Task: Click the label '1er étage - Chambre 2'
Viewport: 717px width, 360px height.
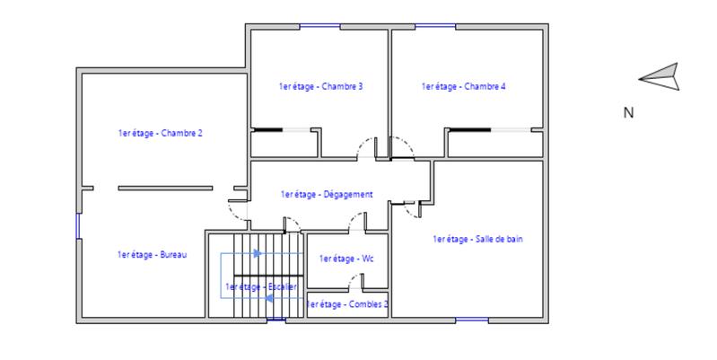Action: [160, 133]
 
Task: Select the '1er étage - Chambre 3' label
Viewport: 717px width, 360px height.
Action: [320, 86]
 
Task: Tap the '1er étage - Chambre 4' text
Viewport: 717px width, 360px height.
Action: [463, 86]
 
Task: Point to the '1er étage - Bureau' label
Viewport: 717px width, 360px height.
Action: [152, 255]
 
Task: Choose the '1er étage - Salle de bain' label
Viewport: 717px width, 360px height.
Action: [477, 239]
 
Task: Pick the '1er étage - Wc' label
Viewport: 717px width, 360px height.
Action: [345, 259]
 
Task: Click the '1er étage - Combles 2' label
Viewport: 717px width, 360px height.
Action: [347, 304]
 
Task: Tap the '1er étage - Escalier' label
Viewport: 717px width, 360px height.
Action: [261, 286]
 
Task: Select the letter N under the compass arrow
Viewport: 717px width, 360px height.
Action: [628, 113]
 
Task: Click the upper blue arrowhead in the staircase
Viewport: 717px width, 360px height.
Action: [258, 254]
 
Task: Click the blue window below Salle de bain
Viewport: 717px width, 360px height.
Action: [472, 320]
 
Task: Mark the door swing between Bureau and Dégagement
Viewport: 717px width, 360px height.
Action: [238, 210]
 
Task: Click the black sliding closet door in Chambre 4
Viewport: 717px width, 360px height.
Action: [469, 131]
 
